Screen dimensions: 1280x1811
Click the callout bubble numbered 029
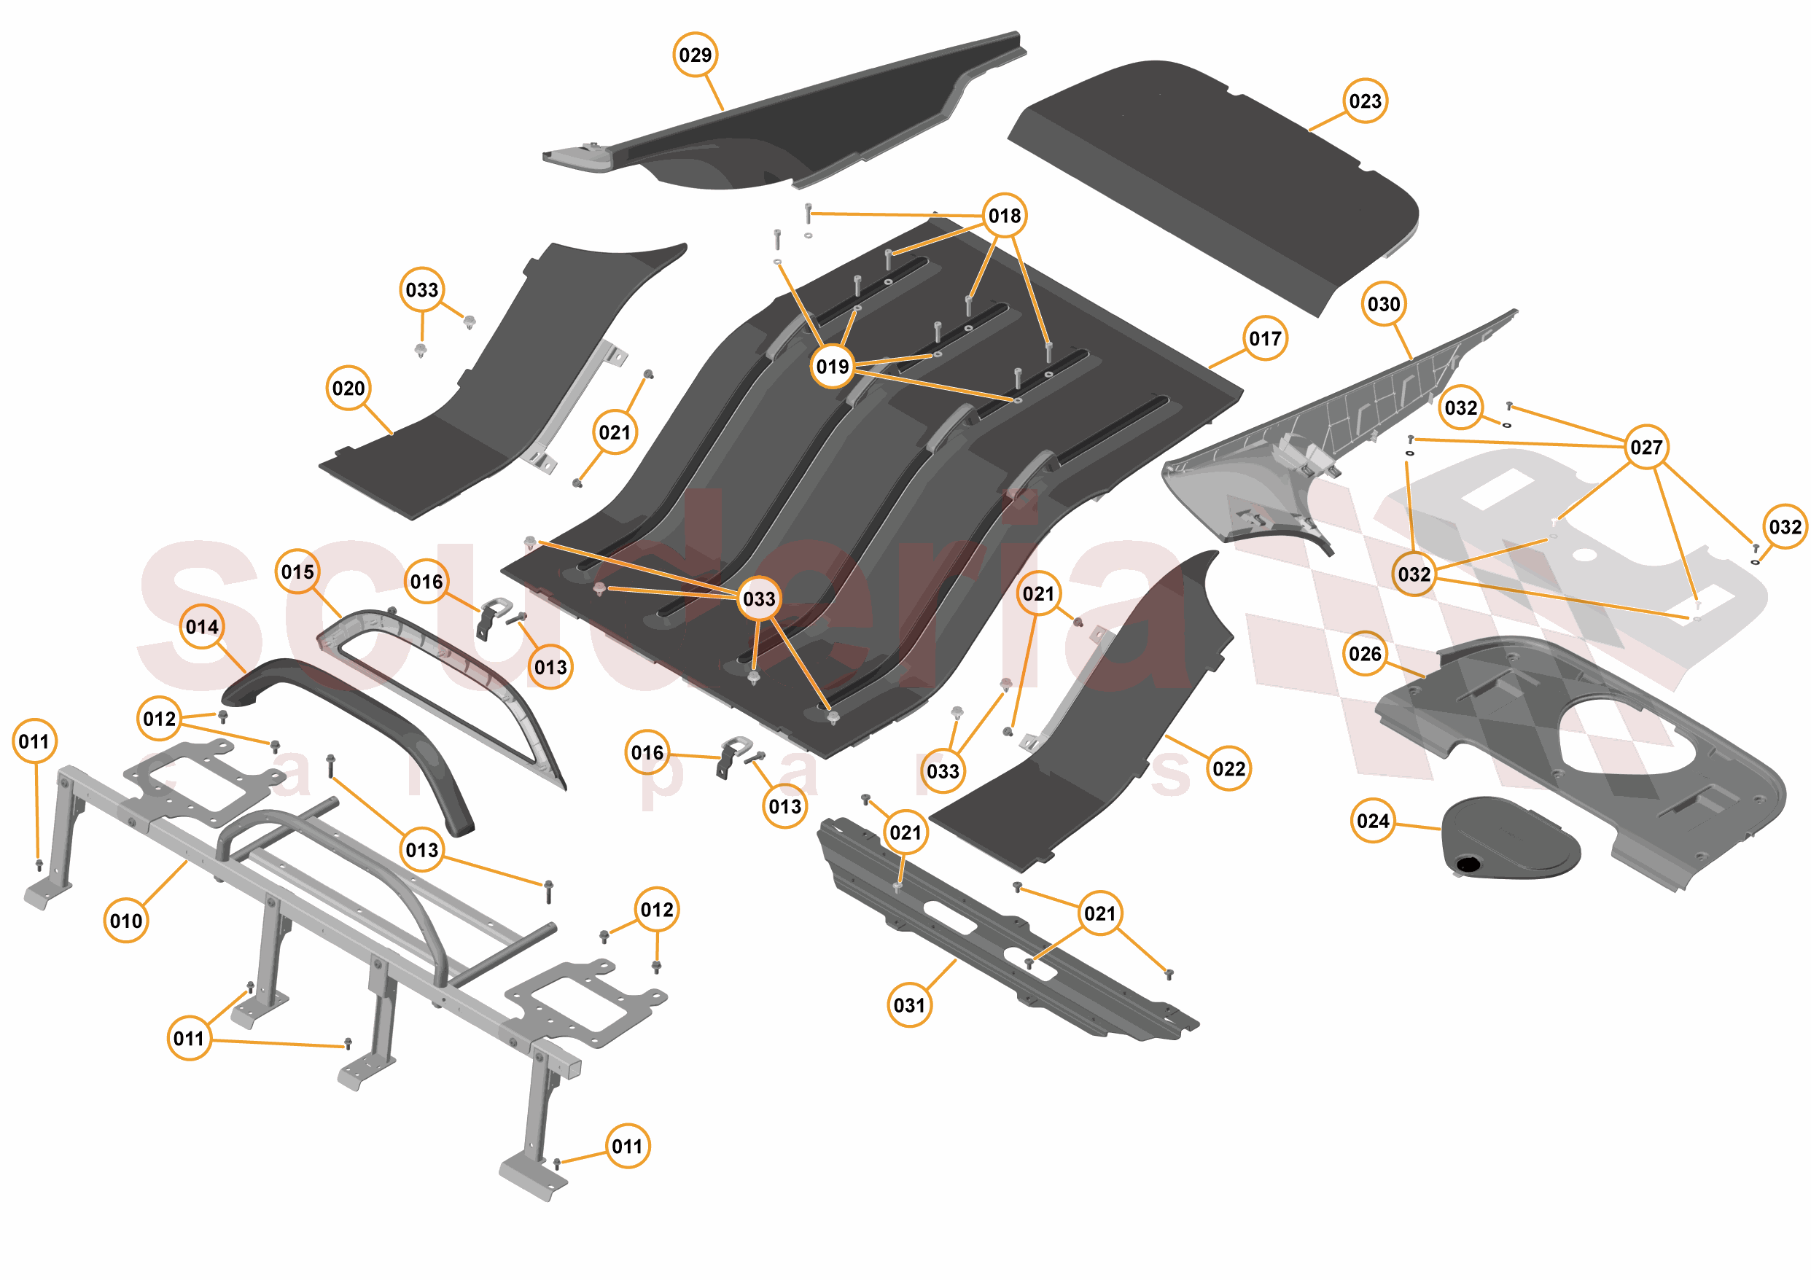[695, 55]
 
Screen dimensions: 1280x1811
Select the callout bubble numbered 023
[1366, 101]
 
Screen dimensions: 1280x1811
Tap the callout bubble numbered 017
[1265, 338]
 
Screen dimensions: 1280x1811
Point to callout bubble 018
[1004, 215]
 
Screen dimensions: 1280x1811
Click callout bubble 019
[832, 367]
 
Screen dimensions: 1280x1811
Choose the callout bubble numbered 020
[348, 388]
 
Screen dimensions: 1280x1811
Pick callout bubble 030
[1384, 305]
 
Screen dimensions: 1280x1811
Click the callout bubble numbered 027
[1646, 447]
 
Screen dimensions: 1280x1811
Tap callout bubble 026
[1365, 654]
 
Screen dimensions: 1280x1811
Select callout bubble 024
[1372, 821]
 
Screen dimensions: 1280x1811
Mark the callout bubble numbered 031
[908, 1005]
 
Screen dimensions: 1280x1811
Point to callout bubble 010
[126, 921]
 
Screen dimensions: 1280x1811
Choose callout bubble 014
[202, 627]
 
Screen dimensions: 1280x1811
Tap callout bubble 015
[297, 571]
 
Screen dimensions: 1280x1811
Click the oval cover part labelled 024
[1506, 838]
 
